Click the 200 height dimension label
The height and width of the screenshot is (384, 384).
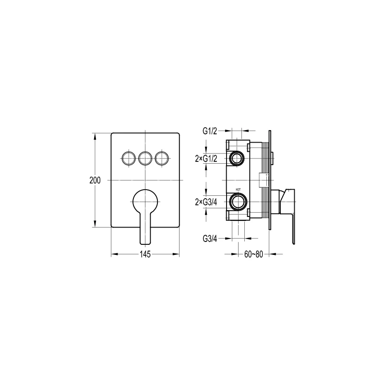[x=95, y=180]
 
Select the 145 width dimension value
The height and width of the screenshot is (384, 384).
[x=145, y=254]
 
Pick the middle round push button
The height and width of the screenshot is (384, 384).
[x=145, y=157]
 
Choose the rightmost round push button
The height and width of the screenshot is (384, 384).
[x=162, y=157]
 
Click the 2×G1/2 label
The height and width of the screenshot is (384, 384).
[x=207, y=158]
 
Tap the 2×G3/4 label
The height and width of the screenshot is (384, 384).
[x=207, y=201]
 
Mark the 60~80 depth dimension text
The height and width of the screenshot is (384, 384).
[x=253, y=254]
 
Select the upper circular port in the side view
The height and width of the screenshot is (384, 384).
[x=237, y=158]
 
